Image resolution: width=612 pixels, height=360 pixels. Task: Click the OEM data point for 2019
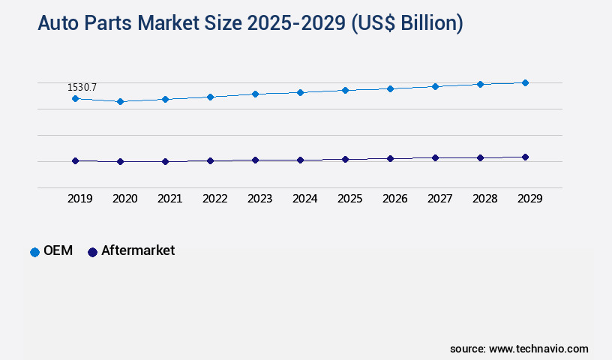[75, 98]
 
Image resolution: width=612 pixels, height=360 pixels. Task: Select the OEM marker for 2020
[120, 101]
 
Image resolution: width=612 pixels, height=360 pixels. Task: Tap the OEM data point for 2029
[525, 82]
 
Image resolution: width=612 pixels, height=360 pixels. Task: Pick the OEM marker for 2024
[300, 92]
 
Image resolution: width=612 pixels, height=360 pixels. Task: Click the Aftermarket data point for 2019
[75, 160]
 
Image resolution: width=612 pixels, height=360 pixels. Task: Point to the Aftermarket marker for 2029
[525, 157]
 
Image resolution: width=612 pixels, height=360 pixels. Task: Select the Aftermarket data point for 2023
[255, 160]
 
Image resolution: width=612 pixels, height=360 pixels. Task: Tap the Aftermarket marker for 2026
[390, 158]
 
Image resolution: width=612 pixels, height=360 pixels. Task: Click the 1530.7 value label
[82, 88]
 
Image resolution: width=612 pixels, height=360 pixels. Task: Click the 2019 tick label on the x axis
[80, 199]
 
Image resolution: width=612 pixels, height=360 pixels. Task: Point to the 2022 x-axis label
[215, 199]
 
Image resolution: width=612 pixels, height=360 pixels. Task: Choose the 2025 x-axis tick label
[350, 199]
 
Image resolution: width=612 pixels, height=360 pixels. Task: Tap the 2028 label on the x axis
[485, 199]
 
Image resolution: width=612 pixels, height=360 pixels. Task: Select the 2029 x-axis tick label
[529, 199]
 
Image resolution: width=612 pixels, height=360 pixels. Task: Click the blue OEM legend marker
[34, 252]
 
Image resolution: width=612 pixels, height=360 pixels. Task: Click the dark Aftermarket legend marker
[93, 252]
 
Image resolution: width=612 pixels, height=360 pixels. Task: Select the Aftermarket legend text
[138, 250]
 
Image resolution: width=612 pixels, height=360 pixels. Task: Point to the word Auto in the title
[58, 23]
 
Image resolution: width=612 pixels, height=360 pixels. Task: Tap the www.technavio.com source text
[538, 349]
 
